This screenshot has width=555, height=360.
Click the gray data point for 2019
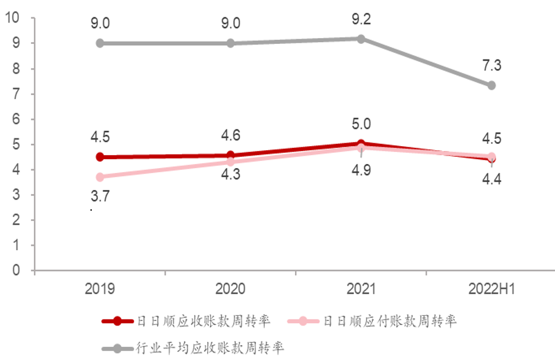100,43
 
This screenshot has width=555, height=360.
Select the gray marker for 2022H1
491,86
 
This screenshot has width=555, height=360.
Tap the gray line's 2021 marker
361,39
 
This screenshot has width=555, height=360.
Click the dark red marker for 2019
100,157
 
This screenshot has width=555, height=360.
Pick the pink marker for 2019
100,177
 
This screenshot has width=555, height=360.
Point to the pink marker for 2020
230,162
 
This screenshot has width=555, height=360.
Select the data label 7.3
491,65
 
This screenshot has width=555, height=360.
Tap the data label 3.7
100,196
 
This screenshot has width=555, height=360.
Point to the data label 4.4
491,178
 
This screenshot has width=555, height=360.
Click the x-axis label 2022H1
491,289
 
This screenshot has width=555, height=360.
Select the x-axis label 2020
230,289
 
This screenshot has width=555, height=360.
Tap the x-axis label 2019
100,289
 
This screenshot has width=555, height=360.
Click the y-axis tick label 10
12,18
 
